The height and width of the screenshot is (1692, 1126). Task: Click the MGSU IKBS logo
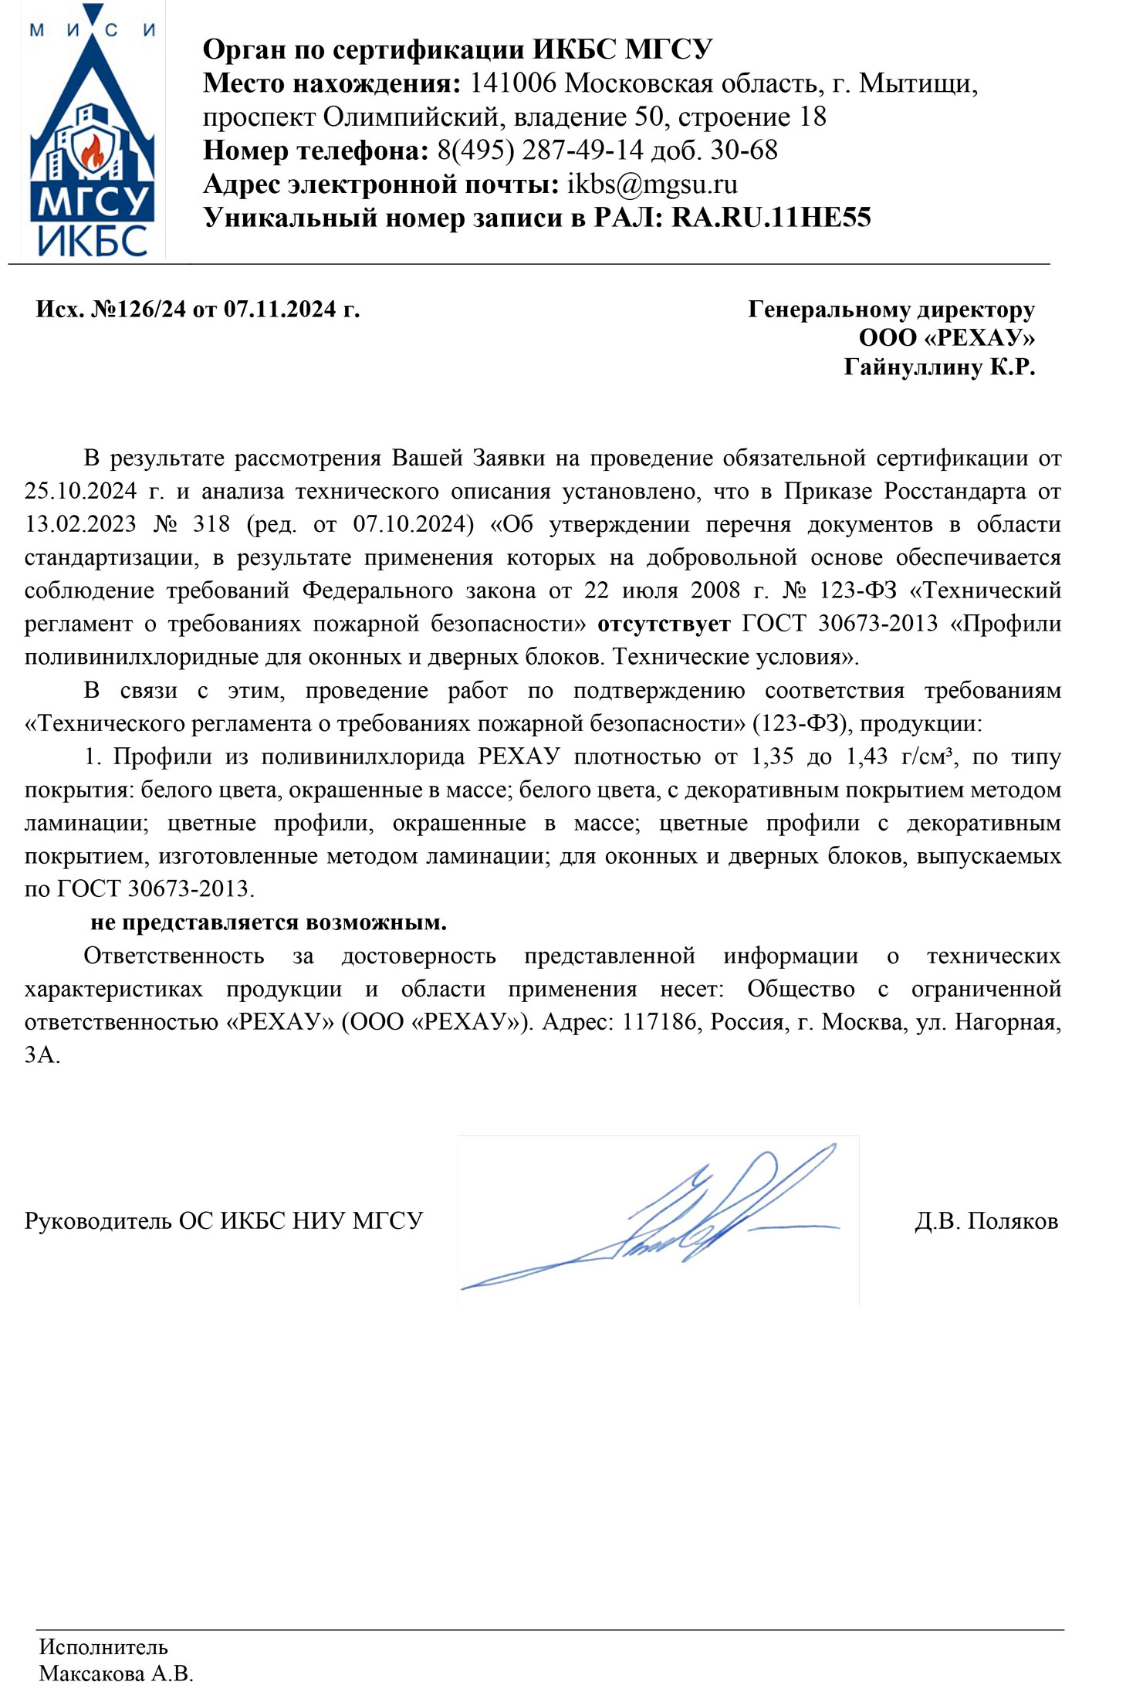pos(92,131)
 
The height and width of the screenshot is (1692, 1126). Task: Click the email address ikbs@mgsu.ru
pos(652,184)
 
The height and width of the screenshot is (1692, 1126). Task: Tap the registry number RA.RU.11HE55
pos(771,218)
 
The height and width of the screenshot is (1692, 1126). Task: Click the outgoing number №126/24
pos(139,310)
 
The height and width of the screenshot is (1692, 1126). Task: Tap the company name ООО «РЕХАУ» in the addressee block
pos(946,338)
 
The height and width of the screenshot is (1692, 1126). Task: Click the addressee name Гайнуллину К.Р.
pos(938,367)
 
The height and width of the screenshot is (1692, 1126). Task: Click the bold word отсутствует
pos(664,623)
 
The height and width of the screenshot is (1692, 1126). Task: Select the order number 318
pos(211,524)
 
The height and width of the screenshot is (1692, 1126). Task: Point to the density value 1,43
pos(867,756)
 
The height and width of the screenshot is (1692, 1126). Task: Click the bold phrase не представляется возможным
pos(269,922)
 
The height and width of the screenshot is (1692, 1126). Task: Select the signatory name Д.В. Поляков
pos(986,1221)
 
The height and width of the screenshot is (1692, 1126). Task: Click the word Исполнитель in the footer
pos(103,1647)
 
